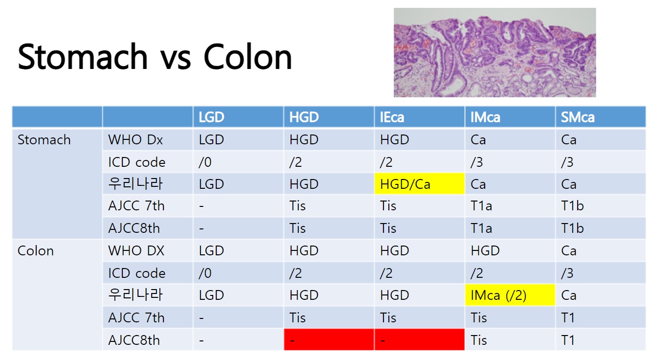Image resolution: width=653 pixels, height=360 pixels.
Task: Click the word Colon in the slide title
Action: [x=248, y=57]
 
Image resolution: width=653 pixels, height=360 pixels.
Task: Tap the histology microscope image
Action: [x=495, y=52]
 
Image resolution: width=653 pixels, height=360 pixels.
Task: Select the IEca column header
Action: [x=392, y=117]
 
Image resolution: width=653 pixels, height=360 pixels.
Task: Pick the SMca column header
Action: [x=578, y=117]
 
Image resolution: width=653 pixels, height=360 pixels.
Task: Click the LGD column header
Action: [x=211, y=117]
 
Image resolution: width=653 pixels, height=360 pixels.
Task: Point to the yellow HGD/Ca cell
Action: [x=420, y=183]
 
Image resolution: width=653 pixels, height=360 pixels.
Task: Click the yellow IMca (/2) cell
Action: [x=510, y=295]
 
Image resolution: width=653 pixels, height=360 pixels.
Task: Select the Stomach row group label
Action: [x=44, y=139]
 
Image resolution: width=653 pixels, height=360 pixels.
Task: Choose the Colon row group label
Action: [x=36, y=251]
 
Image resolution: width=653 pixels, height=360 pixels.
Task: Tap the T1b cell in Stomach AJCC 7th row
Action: [x=572, y=206]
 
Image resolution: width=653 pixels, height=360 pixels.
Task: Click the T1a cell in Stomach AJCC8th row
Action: [x=481, y=228]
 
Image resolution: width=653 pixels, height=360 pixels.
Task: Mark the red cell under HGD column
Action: [x=329, y=339]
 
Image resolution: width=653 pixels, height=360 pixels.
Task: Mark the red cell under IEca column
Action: [x=420, y=339]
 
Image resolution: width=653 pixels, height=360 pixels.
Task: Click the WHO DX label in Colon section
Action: [x=136, y=251]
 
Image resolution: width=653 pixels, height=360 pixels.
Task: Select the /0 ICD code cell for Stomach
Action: [x=205, y=162]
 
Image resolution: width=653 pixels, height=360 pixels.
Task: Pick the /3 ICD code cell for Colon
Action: [x=567, y=273]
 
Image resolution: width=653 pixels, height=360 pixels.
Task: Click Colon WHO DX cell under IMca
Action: [x=485, y=251]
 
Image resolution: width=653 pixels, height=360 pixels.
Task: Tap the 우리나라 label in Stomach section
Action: [x=135, y=183]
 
